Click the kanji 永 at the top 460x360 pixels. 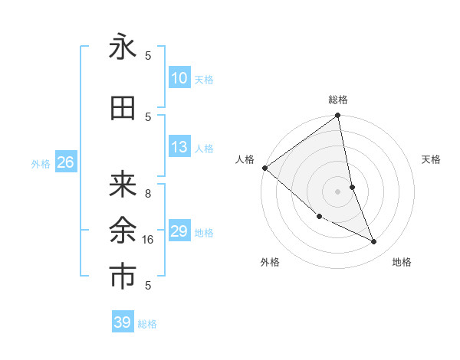(123, 47)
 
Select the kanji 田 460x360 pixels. (123, 108)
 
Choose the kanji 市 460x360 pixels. (123, 277)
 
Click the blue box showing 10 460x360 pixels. (179, 78)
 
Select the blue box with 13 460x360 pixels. (179, 147)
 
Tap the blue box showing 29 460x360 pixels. (179, 231)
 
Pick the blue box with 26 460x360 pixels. (65, 162)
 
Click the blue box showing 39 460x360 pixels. (123, 322)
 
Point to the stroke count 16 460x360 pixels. (149, 240)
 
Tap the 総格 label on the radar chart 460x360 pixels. (338, 100)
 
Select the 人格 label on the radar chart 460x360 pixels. (245, 159)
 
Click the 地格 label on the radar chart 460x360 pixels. (402, 262)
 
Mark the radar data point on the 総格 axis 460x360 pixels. (338, 116)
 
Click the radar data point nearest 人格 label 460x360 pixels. (264, 168)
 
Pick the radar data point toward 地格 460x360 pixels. (374, 242)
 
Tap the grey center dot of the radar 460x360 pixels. (337, 191)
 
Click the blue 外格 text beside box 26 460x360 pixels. (41, 163)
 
